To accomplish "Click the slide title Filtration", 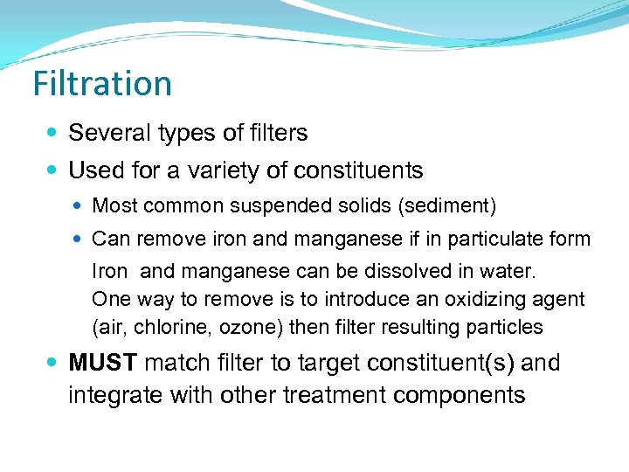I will (102, 84).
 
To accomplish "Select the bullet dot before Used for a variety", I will (53, 170).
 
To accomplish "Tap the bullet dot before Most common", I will (80, 206).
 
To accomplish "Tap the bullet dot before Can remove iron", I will (80, 239).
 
